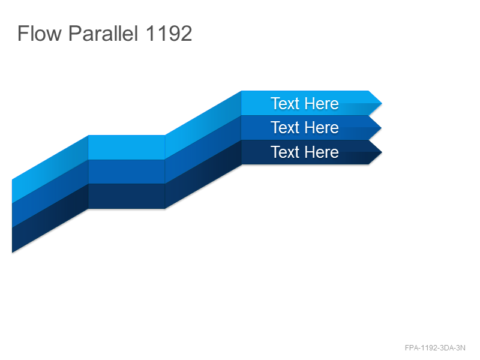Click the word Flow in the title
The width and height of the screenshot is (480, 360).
point(40,33)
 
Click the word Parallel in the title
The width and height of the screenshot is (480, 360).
point(103,33)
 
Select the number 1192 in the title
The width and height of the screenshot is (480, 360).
point(169,33)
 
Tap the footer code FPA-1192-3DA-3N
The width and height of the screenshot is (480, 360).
point(435,348)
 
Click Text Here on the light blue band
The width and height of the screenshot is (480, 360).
point(305,103)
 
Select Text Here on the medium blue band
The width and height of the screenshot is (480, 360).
point(305,127)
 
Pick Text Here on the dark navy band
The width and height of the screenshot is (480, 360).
point(305,152)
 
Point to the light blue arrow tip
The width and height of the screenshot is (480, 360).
point(382,103)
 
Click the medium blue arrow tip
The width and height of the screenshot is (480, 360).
point(382,128)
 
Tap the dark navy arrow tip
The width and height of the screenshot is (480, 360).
point(382,152)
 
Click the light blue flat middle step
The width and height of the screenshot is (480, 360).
point(127,147)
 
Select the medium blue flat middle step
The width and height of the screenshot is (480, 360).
point(127,172)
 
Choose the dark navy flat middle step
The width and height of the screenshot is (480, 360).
point(127,196)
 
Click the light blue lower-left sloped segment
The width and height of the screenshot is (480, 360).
point(50,169)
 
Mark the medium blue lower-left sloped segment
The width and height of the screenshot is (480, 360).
point(50,193)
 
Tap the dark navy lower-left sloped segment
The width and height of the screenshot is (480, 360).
point(50,218)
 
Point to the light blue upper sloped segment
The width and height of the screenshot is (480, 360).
point(203,125)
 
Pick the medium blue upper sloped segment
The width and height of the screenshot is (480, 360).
point(203,149)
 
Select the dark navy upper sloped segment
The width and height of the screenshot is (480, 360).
point(203,174)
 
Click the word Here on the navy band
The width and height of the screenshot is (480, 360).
point(321,152)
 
